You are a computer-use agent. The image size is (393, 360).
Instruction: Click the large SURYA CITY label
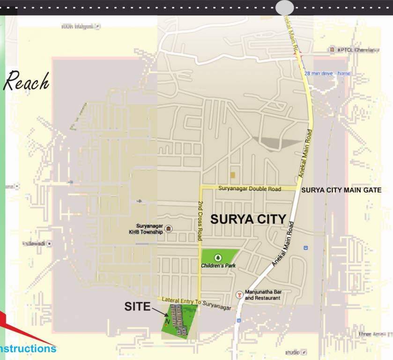248,219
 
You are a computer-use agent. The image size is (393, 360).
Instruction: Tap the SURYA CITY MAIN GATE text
341,190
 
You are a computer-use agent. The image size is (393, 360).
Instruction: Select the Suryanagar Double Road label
250,188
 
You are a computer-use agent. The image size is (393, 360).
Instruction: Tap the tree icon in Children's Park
217,257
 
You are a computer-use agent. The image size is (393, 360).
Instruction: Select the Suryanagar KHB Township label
146,228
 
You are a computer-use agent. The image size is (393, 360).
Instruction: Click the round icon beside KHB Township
169,229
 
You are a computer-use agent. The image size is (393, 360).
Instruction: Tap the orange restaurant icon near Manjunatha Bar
239,294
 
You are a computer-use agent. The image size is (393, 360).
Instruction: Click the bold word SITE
137,307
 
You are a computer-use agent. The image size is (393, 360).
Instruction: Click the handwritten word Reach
26,82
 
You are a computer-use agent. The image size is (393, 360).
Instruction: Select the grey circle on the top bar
284,7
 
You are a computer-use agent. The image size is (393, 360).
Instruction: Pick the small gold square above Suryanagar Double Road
233,175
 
